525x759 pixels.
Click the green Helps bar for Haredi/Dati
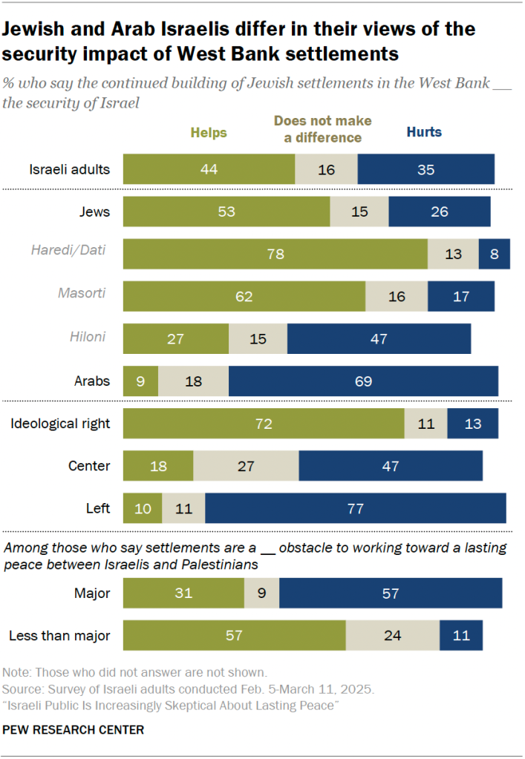point(275,254)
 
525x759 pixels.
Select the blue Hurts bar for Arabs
point(363,381)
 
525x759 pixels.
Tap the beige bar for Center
point(246,466)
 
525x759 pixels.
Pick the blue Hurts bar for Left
point(355,508)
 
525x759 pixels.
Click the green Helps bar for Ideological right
point(263,424)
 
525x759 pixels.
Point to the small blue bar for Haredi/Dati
point(494,254)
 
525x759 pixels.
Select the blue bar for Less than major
point(460,635)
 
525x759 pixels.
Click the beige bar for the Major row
point(261,594)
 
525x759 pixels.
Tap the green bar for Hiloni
point(175,338)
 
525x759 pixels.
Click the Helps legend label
point(209,133)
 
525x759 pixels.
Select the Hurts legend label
point(423,132)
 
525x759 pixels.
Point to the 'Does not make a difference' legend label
point(322,128)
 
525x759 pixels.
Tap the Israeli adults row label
point(70,169)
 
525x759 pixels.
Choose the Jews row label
point(94,211)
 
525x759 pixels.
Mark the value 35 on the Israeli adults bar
point(425,169)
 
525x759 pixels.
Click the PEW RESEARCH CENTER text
point(74,730)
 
